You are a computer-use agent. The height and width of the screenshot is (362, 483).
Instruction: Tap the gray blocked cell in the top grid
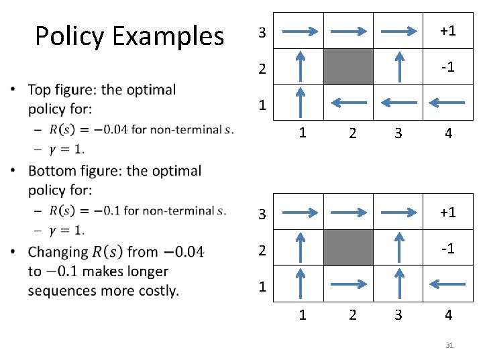(349, 66)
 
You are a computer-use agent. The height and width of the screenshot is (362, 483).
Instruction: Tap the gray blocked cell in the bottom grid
(349, 247)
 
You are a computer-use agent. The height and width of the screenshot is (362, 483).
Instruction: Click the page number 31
(449, 345)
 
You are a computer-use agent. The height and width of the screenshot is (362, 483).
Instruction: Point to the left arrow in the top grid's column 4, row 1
(446, 103)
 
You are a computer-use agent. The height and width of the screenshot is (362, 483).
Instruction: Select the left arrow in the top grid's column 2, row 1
(349, 103)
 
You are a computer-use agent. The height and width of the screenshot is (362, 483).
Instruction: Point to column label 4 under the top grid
(448, 133)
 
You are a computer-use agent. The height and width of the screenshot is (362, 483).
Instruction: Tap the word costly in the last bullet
(156, 291)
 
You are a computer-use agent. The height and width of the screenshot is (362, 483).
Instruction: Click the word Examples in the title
(168, 36)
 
